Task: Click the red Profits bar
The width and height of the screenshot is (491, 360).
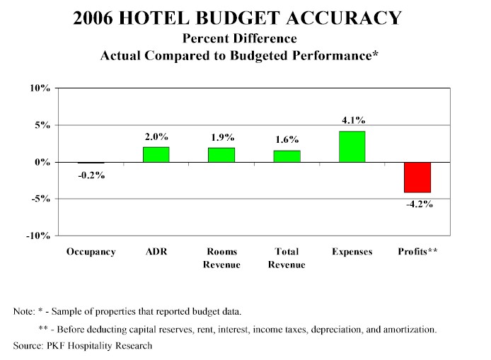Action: [417, 177]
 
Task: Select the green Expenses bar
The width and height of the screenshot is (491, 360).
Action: [352, 146]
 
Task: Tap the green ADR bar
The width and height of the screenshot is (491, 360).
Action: [156, 154]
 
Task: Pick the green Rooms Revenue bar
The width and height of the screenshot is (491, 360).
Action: [221, 155]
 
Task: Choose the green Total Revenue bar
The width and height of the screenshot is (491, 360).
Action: [287, 156]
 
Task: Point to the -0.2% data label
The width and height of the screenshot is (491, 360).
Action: [91, 175]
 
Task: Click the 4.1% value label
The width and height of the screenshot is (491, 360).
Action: [352, 120]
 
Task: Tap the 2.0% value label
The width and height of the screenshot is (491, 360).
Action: [156, 136]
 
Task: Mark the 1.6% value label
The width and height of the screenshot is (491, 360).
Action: [287, 139]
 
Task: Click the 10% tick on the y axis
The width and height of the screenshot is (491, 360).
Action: [40, 88]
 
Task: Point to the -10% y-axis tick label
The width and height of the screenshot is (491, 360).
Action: [37, 236]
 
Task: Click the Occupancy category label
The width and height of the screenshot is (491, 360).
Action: [91, 252]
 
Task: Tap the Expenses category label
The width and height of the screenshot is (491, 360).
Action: [352, 252]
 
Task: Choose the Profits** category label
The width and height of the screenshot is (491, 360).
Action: [418, 252]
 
